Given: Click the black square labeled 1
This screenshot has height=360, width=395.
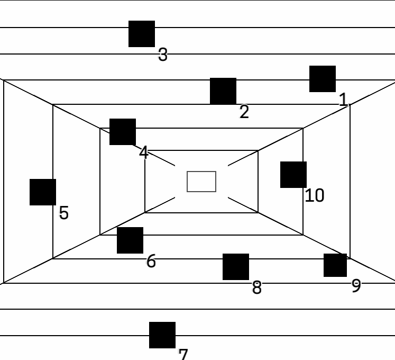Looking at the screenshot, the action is point(323,79).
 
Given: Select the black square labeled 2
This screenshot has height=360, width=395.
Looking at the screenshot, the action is point(223,91).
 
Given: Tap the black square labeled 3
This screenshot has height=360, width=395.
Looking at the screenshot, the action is point(142,34).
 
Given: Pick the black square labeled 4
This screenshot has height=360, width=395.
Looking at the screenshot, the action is point(123,132).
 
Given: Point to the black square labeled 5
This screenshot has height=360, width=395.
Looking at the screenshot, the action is point(43,192).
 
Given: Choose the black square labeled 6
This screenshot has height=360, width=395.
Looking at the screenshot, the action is point(130,240).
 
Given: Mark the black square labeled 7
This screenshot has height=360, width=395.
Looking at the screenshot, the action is point(162,335).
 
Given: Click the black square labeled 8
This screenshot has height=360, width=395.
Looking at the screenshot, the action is point(236,267).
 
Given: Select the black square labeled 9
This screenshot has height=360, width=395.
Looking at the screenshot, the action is point(335,265).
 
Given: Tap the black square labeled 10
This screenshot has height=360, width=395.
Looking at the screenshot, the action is point(293,175).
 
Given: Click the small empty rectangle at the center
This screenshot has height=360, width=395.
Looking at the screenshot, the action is point(201,182).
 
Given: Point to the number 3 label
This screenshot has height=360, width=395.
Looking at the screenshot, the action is point(163,55).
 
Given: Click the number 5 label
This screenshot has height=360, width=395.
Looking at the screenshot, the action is point(64,213).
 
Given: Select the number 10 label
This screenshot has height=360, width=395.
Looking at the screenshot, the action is point(315,195).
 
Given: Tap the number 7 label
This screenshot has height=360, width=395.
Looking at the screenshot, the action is point(183,354).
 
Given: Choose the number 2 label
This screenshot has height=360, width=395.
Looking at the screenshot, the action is point(244,112).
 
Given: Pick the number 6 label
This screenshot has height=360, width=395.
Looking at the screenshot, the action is point(151,261).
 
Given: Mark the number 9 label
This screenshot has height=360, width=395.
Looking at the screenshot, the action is point(356,285).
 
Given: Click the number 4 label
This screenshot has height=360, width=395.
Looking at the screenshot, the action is point(144,152).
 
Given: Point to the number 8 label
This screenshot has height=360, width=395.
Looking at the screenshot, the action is point(257,287).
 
